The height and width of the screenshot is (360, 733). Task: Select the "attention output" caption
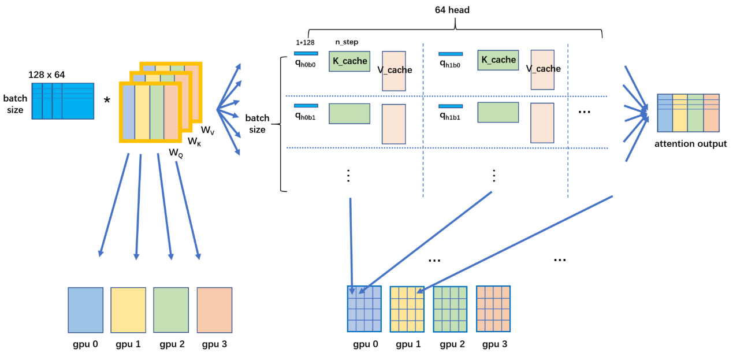click(x=690, y=144)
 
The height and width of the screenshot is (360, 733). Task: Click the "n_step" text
click(x=347, y=42)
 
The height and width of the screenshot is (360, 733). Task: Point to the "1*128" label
click(x=304, y=42)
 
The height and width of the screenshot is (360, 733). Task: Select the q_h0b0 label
click(x=305, y=65)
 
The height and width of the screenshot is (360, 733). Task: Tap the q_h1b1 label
click(x=450, y=116)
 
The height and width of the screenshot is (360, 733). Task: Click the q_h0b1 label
click(x=305, y=116)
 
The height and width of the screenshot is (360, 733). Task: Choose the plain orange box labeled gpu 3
click(x=214, y=310)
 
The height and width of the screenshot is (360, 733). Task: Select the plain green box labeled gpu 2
click(x=171, y=310)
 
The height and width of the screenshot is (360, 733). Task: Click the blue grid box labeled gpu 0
click(x=364, y=309)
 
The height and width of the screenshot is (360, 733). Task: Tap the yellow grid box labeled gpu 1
click(x=407, y=309)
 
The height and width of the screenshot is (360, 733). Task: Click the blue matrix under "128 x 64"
click(x=63, y=101)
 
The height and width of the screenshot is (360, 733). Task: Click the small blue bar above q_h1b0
click(x=451, y=54)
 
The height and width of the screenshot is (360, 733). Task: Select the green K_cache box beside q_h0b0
click(x=349, y=61)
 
